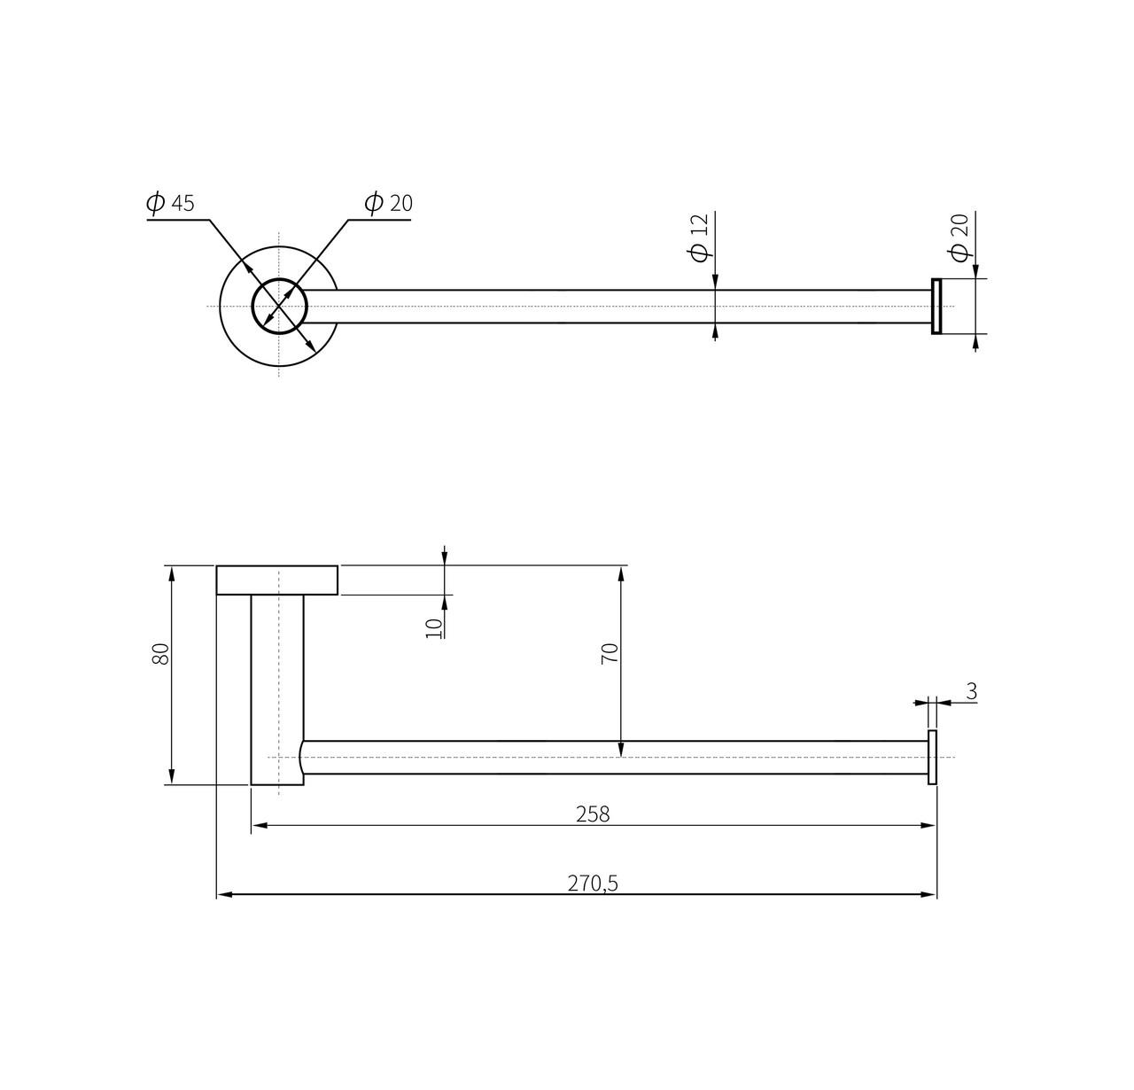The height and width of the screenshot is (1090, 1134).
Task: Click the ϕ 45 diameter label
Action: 169,203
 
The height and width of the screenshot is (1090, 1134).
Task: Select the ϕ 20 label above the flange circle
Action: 388,203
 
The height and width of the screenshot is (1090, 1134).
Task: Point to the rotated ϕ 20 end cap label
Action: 959,237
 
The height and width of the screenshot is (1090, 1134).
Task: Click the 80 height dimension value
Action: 160,653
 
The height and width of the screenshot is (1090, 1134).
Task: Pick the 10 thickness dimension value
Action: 433,628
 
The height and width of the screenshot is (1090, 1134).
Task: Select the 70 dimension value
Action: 609,653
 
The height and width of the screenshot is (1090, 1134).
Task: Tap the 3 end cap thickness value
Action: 971,691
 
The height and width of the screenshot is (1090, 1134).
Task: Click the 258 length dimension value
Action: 593,814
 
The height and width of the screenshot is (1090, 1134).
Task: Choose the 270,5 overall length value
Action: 593,884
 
